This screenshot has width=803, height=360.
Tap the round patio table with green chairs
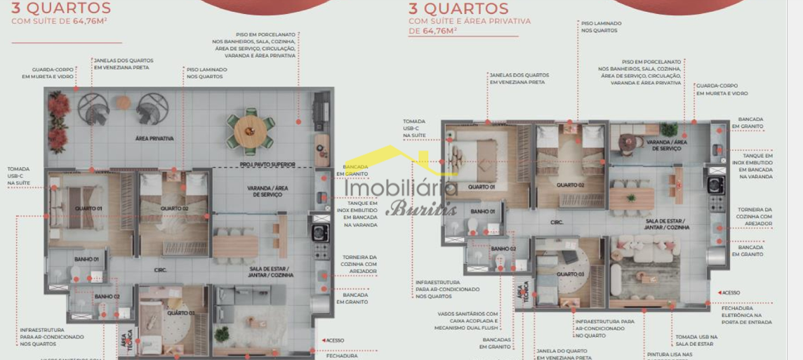tap(250, 131)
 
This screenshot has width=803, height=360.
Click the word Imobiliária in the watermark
tap(401, 188)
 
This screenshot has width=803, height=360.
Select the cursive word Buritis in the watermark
tap(411, 208)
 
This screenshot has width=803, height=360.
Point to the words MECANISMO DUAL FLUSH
tap(466, 328)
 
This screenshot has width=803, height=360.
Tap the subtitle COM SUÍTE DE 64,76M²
tap(59, 22)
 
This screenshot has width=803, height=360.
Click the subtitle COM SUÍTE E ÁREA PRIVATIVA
tap(470, 22)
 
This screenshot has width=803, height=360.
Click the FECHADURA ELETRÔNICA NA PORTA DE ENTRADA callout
tap(746, 315)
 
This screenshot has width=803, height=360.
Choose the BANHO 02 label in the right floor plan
tap(503, 249)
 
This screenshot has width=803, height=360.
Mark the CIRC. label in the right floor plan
tap(557, 222)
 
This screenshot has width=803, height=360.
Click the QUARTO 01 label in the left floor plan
tap(88, 208)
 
